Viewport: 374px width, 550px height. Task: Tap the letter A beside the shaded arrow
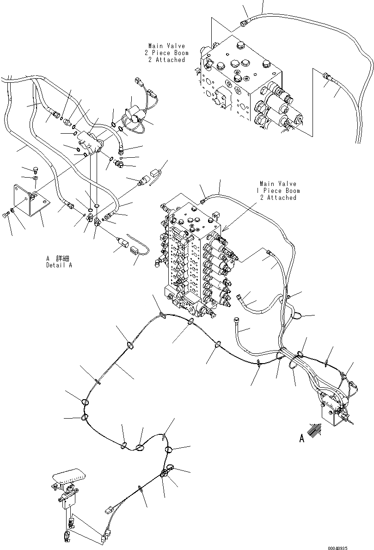click(x=302, y=438)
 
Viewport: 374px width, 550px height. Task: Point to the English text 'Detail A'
click(x=59, y=266)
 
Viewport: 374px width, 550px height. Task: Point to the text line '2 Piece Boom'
click(x=166, y=53)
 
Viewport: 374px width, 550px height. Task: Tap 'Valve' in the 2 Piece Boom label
click(x=176, y=46)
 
